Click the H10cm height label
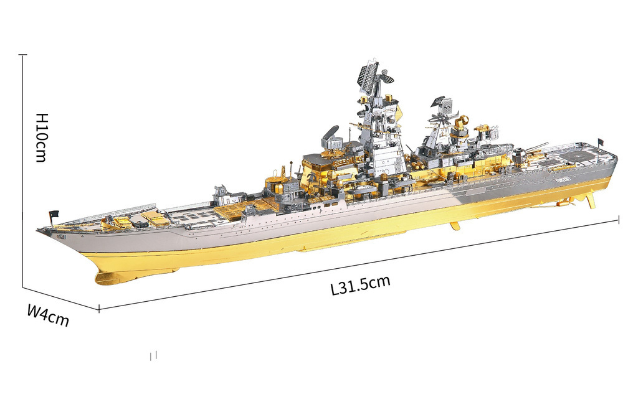42,138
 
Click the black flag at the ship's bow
54,214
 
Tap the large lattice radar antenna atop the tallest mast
368,76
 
